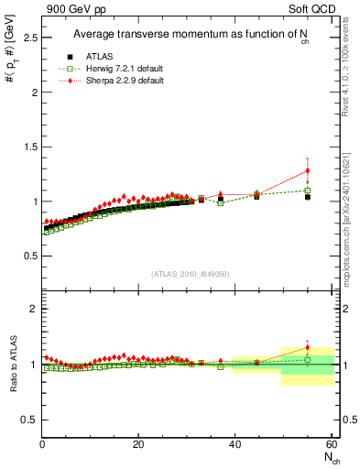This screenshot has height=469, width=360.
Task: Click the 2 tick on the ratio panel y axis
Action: [x=33, y=309]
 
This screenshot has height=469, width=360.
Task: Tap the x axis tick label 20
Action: [x=138, y=444]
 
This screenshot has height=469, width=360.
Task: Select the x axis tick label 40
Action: [x=235, y=444]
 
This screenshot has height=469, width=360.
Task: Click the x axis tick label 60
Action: [x=331, y=444]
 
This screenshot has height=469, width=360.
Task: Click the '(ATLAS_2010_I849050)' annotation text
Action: [x=191, y=274]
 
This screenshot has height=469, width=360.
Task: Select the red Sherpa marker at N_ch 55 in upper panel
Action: [x=308, y=170]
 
